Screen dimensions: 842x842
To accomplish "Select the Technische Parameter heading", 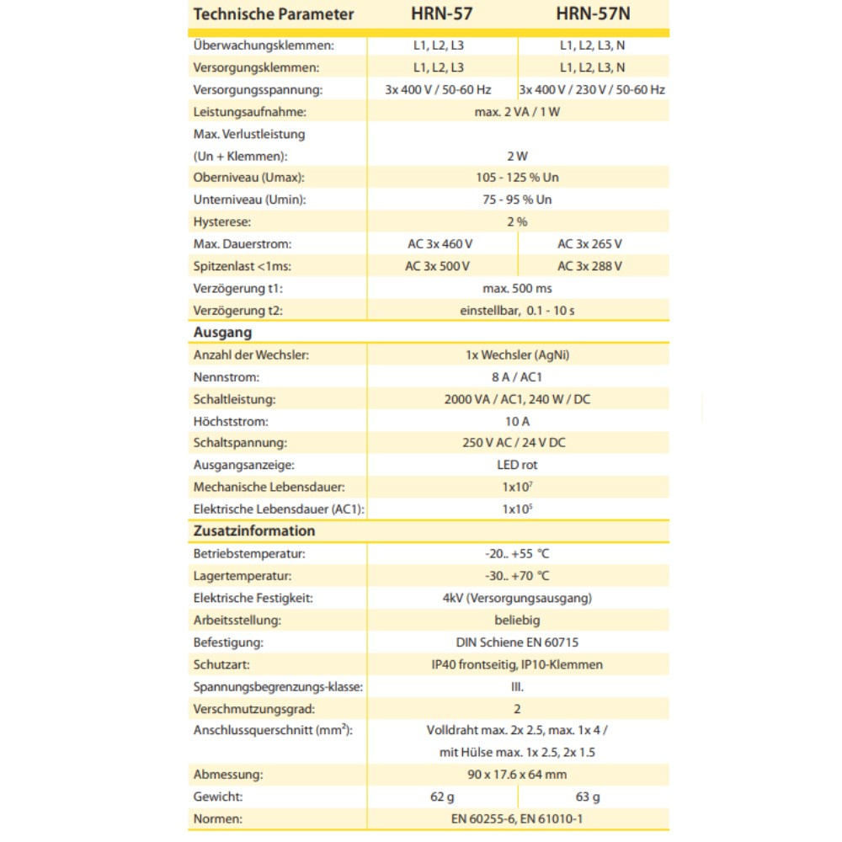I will (274, 14).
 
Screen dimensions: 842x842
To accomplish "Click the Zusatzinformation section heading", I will (254, 531).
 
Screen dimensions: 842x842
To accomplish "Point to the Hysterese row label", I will (222, 221).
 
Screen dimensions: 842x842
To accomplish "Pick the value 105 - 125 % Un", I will (517, 178).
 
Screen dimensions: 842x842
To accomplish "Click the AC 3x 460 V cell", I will (438, 243).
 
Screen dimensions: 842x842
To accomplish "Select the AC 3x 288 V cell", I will (589, 266).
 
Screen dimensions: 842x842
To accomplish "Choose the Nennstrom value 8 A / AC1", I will (517, 376).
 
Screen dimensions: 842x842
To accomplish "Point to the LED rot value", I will (517, 465).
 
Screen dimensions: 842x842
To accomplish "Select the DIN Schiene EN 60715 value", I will (517, 642).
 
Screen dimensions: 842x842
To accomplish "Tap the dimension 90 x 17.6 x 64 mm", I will (517, 774).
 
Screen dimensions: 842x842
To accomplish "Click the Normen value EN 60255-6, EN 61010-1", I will (517, 818).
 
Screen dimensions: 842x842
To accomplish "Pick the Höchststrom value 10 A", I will (517, 421).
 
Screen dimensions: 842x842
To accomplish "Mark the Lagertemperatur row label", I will (242, 576).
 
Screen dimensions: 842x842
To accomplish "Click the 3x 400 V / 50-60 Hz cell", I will (438, 89).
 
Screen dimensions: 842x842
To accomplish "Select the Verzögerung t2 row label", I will (238, 310).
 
